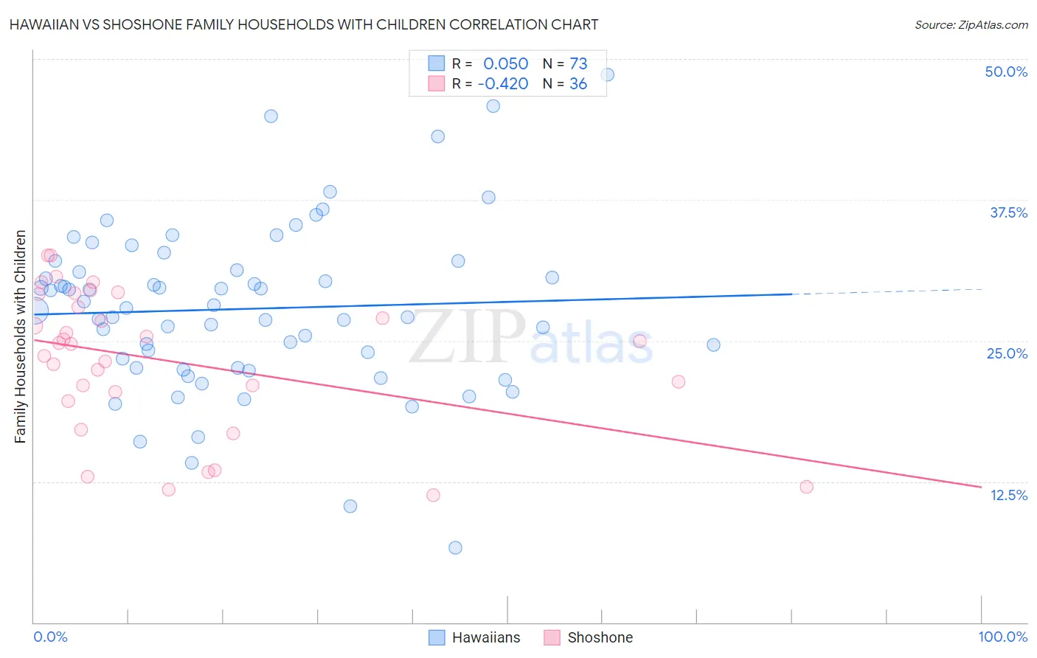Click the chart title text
tap(304, 24)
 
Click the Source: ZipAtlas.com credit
tap(971, 24)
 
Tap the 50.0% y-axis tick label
tap(1006, 72)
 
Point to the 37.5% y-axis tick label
tap(1008, 212)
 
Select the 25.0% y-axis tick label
tap(1007, 353)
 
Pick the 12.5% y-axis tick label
tap(1008, 495)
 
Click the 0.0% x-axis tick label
tap(50, 637)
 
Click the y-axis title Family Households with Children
tap(21, 336)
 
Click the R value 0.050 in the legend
tap(506, 63)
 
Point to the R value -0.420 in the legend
tap(503, 83)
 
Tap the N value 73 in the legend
tap(578, 63)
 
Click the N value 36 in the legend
tap(578, 83)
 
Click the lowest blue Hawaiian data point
tap(455, 547)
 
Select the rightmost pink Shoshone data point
tap(806, 487)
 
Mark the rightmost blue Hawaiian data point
tap(713, 344)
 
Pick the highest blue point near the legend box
tap(608, 75)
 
